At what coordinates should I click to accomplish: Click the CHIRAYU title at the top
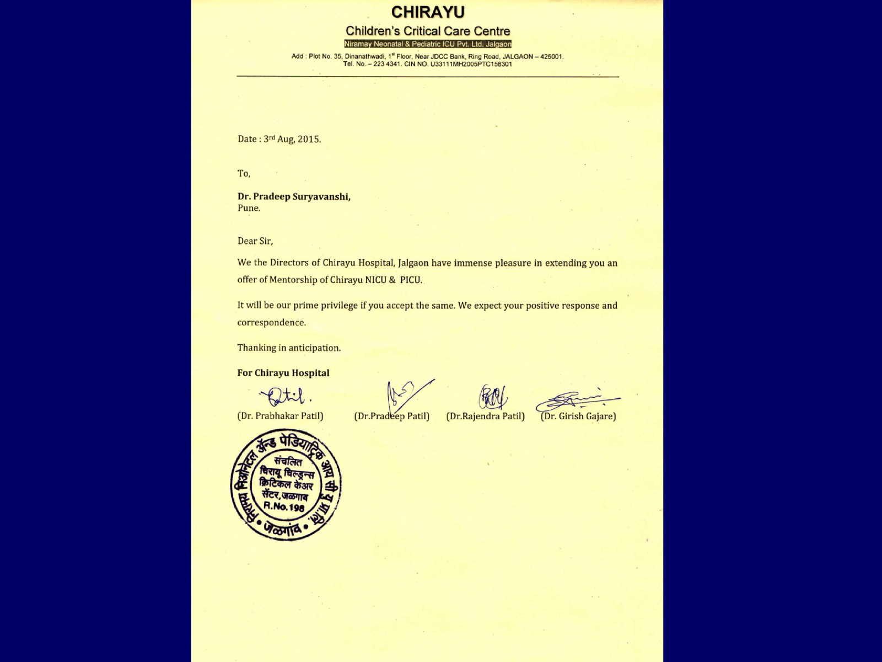(428, 12)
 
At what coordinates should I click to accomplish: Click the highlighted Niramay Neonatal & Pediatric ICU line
(428, 44)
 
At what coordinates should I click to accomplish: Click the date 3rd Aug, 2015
(292, 139)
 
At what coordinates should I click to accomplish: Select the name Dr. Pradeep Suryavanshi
(294, 196)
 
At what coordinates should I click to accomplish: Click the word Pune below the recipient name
(249, 208)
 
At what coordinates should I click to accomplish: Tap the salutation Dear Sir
(255, 241)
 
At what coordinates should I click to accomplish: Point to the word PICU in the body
(411, 280)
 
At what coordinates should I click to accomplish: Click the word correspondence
(271, 322)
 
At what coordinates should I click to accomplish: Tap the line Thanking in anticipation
(289, 348)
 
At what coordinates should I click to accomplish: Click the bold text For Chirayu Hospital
(283, 373)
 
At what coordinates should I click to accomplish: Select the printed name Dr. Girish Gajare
(578, 416)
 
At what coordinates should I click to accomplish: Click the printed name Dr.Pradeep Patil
(391, 416)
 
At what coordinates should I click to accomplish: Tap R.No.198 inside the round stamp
(284, 506)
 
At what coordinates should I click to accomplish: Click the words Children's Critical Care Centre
(428, 31)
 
